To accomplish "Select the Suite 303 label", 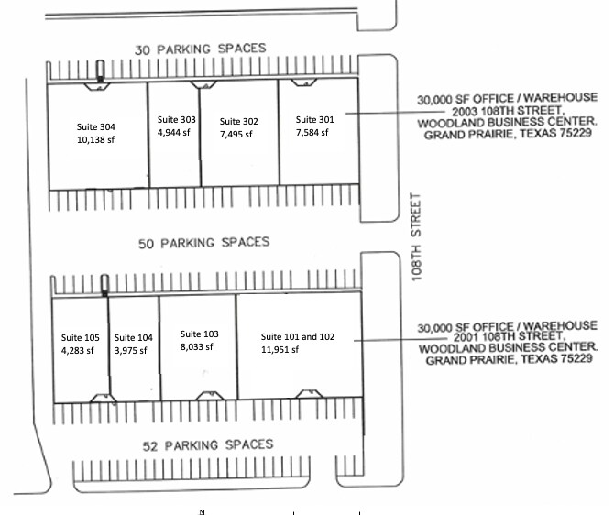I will (176, 119).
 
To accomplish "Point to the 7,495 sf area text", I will (237, 134).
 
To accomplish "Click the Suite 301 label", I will (314, 118).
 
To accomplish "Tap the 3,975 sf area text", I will (133, 350).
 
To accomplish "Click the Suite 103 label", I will (199, 334).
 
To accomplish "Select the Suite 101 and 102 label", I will (298, 336).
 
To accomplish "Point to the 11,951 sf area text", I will (281, 350).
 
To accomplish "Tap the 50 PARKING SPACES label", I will (203, 243).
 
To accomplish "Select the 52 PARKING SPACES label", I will (207, 445).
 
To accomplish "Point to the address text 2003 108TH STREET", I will (507, 109).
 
